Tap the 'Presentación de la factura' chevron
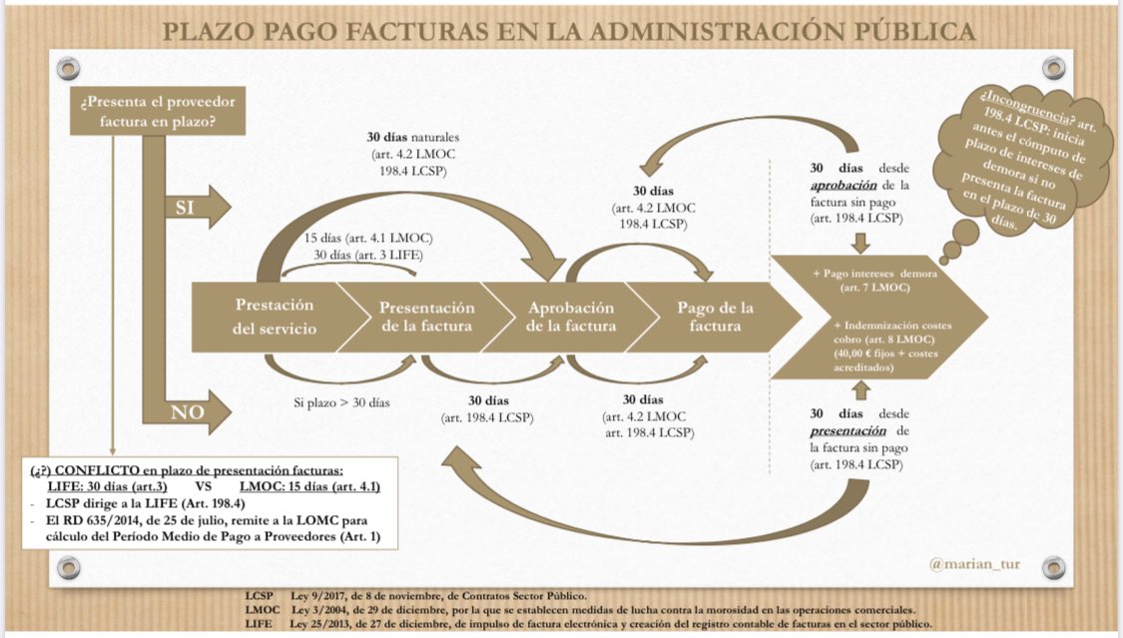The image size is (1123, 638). tap(427, 317)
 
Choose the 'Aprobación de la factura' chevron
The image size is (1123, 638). tap(571, 317)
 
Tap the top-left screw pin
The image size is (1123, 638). tap(68, 68)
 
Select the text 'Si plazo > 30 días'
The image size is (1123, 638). tap(342, 402)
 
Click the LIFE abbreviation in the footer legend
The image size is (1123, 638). tap(258, 623)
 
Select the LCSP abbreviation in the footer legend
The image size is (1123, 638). tap(260, 595)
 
